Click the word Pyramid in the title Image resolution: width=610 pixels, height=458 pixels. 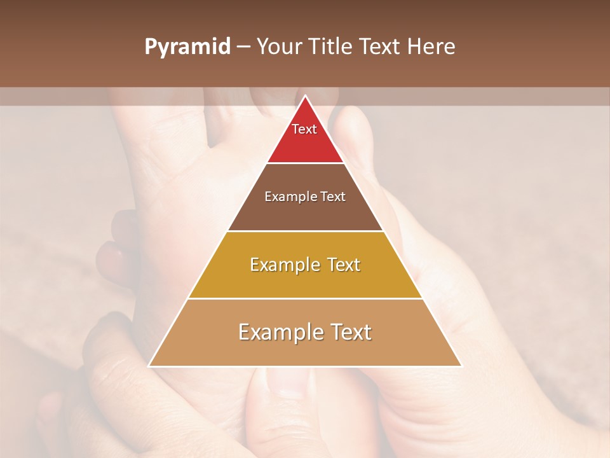click(x=187, y=47)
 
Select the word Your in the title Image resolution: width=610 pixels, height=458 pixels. click(x=281, y=47)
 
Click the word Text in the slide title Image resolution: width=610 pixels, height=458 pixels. click(x=381, y=47)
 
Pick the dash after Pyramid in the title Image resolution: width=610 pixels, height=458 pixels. click(x=243, y=47)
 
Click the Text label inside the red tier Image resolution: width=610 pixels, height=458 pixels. click(x=304, y=129)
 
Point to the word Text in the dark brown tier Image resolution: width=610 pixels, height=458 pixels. click(x=334, y=197)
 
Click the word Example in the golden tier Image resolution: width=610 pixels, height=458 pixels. click(x=283, y=265)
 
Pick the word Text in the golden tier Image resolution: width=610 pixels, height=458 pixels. click(x=342, y=265)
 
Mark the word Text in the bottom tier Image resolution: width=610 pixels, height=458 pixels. click(x=350, y=332)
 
